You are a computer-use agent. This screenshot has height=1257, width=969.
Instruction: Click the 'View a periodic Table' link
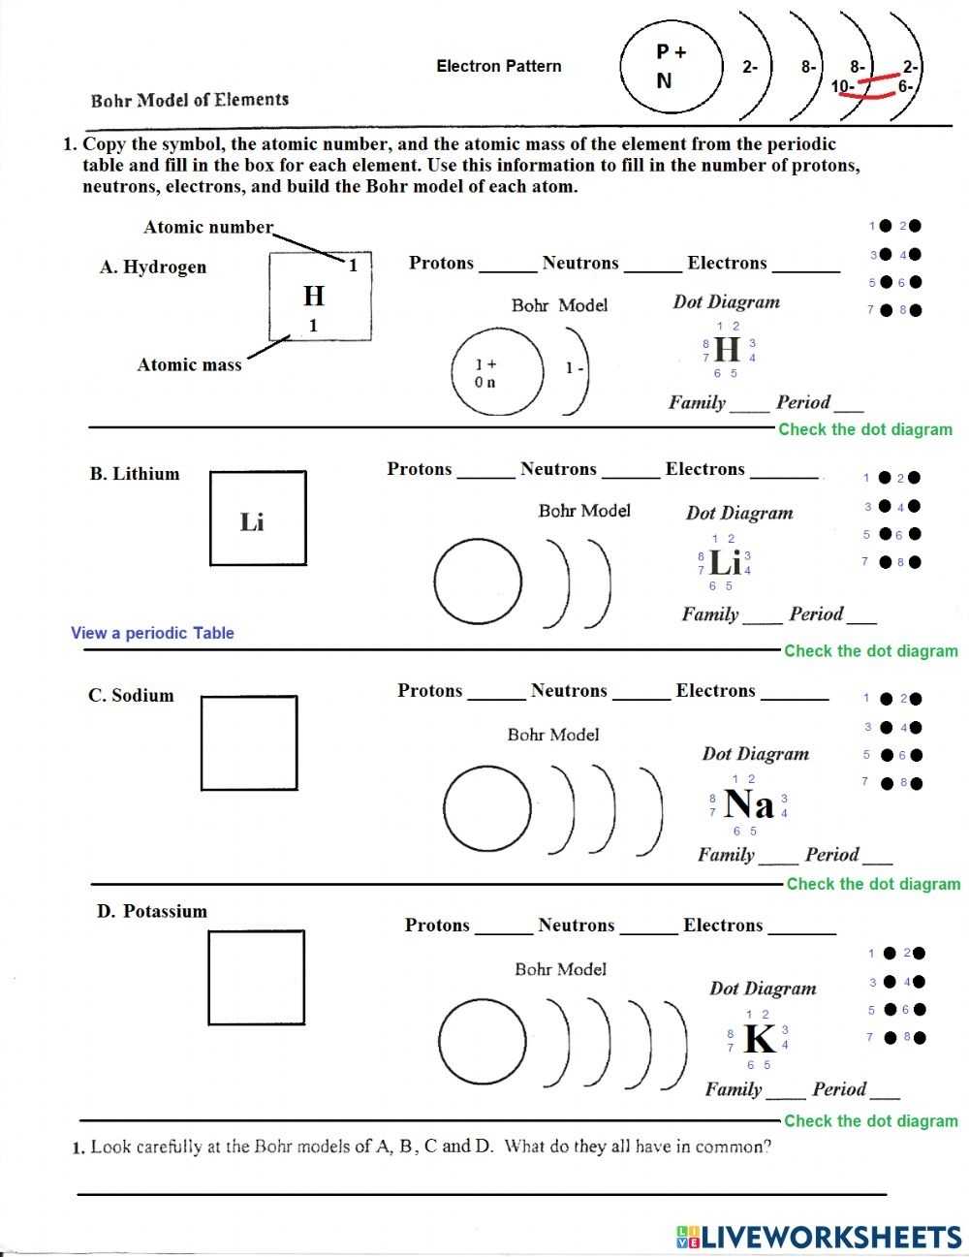pyautogui.click(x=152, y=633)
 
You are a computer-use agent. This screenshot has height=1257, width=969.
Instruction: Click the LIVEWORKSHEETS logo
pyautogui.click(x=819, y=1236)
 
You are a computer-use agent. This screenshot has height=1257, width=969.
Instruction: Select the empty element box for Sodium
pyautogui.click(x=249, y=743)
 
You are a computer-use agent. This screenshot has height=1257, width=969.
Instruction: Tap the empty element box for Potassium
pyautogui.click(x=256, y=977)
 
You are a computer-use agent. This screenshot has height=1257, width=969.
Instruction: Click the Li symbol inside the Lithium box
pyautogui.click(x=252, y=522)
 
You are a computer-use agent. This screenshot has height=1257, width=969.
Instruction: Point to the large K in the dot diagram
pyautogui.click(x=759, y=1039)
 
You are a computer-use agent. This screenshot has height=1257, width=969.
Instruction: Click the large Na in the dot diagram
pyautogui.click(x=749, y=804)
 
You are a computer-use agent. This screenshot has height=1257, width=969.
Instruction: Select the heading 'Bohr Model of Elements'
pyautogui.click(x=190, y=100)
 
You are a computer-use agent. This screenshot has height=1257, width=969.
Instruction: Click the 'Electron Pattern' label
pyautogui.click(x=499, y=66)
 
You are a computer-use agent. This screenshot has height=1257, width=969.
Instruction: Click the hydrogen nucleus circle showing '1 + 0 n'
pyautogui.click(x=497, y=372)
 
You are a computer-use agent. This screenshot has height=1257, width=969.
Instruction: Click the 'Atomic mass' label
pyautogui.click(x=189, y=365)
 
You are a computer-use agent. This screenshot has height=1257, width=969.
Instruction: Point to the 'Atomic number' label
pyautogui.click(x=208, y=227)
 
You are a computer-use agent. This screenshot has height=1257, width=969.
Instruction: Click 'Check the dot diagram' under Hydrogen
pyautogui.click(x=865, y=429)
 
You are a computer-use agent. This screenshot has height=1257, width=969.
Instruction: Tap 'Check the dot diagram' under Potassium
pyautogui.click(x=870, y=1120)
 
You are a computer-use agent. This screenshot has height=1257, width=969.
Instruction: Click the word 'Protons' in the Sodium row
pyautogui.click(x=430, y=691)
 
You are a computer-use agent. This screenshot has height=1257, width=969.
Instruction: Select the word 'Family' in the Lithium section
pyautogui.click(x=709, y=614)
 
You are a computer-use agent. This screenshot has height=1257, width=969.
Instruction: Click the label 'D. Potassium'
pyautogui.click(x=152, y=911)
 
